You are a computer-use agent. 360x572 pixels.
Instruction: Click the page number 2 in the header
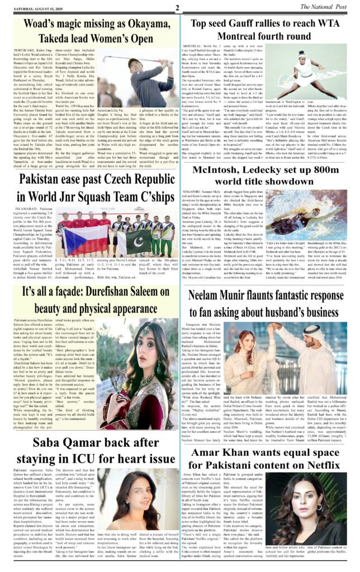[177, 8]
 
